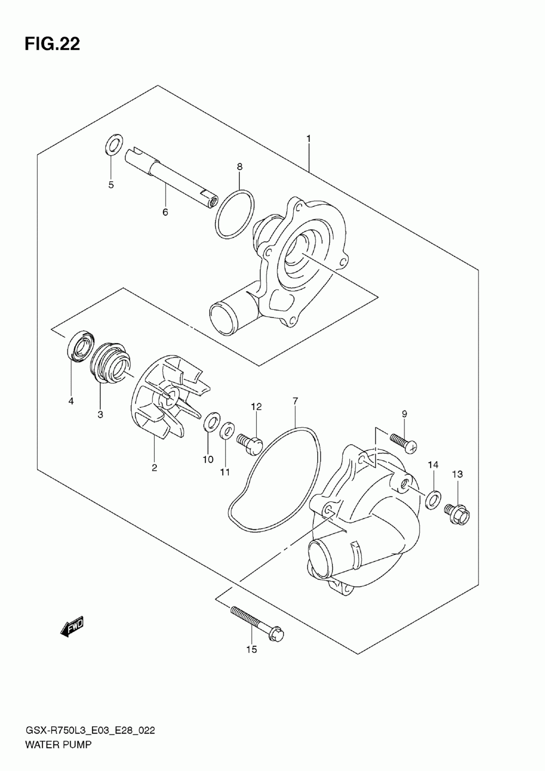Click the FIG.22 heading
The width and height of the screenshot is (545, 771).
point(52,44)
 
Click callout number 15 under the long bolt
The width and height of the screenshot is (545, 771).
point(251,649)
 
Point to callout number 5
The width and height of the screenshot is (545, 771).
point(111,185)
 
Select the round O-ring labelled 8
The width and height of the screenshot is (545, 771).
point(234,213)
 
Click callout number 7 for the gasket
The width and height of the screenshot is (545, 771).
point(295,402)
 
